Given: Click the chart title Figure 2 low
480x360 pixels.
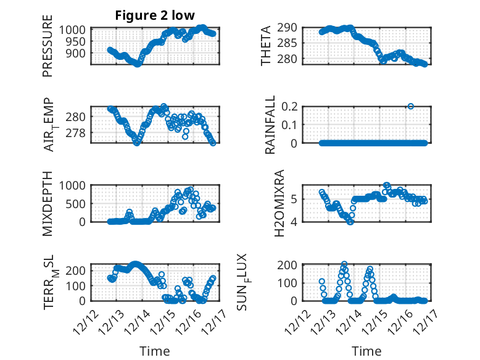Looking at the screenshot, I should tap(155, 15).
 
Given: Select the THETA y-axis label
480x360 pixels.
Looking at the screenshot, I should tap(266, 46).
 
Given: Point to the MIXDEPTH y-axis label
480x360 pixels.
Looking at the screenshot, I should tap(48, 203).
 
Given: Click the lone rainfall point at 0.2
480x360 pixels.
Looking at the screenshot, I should tap(410, 106).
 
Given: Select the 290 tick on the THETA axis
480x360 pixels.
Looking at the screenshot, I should tap(292, 27).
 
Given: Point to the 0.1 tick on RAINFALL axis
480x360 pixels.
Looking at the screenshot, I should tap(296, 125).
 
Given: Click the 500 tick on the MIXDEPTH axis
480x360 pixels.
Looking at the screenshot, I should tap(77, 204).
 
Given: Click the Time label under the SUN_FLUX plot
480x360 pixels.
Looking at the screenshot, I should tap(366, 351).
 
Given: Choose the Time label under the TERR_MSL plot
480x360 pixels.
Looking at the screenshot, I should tap(155, 351).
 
